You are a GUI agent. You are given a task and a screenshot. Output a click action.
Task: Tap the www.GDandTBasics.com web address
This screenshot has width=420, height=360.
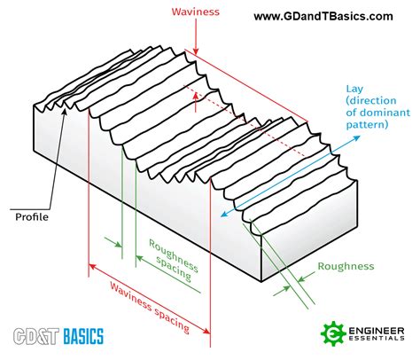[323, 16]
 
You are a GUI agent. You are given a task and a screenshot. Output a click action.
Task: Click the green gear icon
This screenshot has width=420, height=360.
[334, 334]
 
